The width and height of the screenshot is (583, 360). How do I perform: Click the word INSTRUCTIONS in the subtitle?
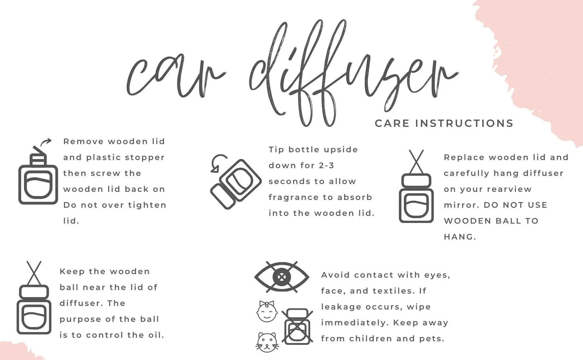pos(464,123)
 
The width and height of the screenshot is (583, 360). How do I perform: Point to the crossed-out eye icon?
pos(282,277)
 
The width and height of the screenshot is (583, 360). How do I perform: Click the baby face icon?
pos(267,312)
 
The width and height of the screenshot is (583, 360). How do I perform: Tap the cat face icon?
pos(267,342)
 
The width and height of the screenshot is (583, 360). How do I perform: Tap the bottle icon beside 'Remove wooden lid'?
pos(38,178)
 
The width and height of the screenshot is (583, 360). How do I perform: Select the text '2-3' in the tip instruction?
pos(326,165)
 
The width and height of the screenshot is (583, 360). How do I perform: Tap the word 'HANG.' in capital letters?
pos(460,237)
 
